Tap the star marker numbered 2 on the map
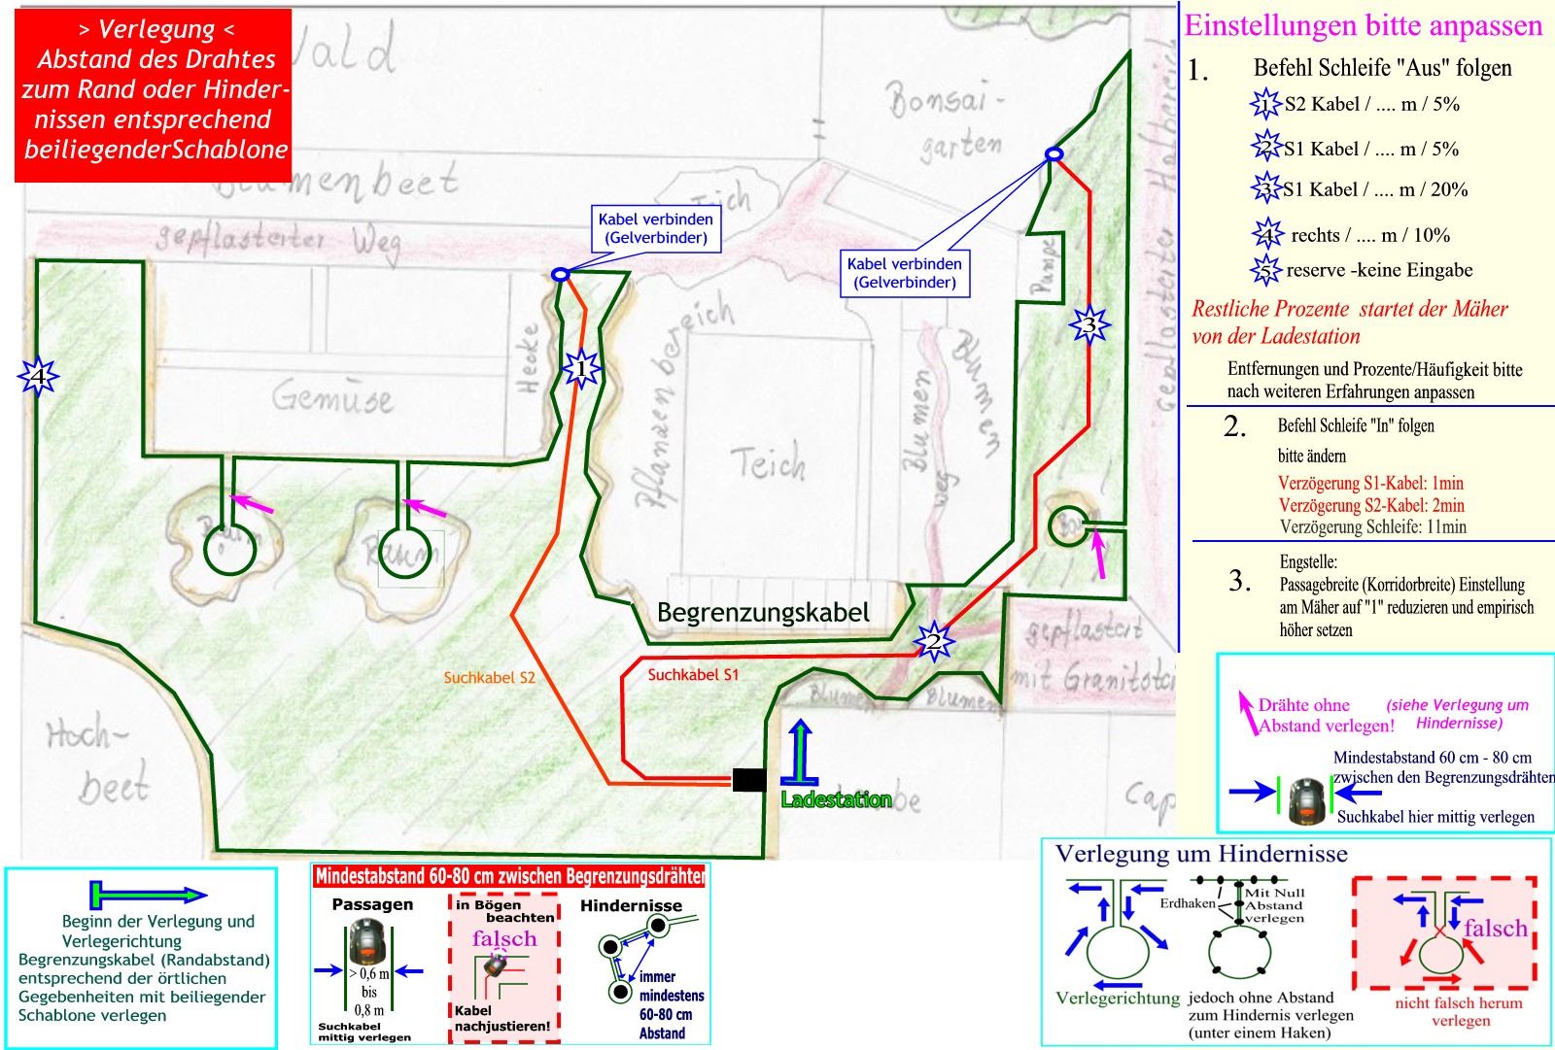coord(933,641)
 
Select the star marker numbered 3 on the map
coord(1089,324)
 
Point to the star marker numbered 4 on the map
coord(38,375)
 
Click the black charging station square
coord(748,779)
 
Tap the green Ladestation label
coord(836,800)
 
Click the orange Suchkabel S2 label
coord(489,678)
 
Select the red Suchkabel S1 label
coord(693,674)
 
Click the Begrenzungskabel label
coord(763,613)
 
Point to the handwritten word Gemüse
coord(331,397)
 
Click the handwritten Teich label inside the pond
coord(767,463)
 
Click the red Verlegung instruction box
coord(154,95)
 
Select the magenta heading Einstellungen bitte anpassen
coord(1364,25)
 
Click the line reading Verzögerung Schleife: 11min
coord(1372,527)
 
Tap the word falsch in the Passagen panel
coord(503,938)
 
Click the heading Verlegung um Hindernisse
coord(1201,854)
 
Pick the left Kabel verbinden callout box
coord(655,229)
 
